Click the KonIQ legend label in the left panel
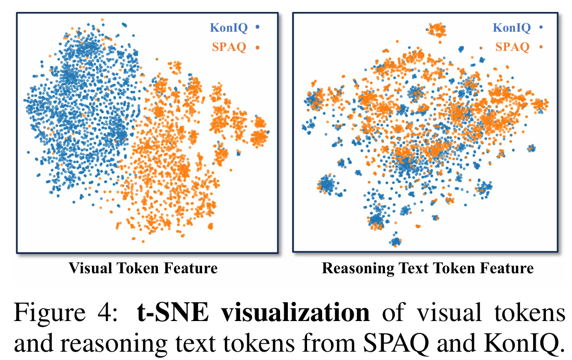pos(229,28)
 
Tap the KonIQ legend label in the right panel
pos(511,28)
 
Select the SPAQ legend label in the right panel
pos(512,47)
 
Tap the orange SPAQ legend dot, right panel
pos(541,47)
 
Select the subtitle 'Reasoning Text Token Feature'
pos(428,269)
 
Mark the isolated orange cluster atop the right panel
pos(436,30)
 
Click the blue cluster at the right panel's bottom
pos(396,241)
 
